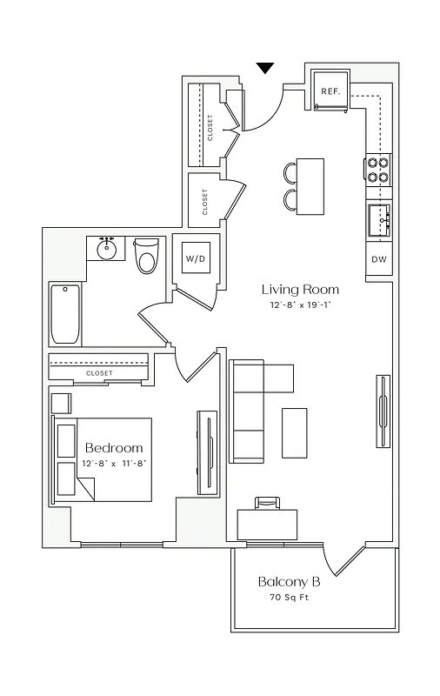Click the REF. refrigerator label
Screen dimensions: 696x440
[x=330, y=90]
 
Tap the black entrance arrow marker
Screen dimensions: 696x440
[x=266, y=68]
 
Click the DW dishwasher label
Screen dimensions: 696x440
[x=379, y=259]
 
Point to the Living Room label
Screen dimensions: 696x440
[x=301, y=290]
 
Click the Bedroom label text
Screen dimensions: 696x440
[x=114, y=448]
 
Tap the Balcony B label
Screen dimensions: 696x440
[x=290, y=581]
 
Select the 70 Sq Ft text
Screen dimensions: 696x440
[x=290, y=599]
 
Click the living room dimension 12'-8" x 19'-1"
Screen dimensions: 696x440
[x=301, y=306]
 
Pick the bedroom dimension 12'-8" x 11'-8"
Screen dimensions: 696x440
[x=114, y=464]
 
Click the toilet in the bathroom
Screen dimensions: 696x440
[x=147, y=258]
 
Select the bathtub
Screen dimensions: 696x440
[x=65, y=314]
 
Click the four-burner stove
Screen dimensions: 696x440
[x=378, y=169]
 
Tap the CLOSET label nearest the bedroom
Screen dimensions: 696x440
[x=99, y=373]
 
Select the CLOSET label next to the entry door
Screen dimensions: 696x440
[x=210, y=127]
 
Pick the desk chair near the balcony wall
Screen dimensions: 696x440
[x=268, y=502]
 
